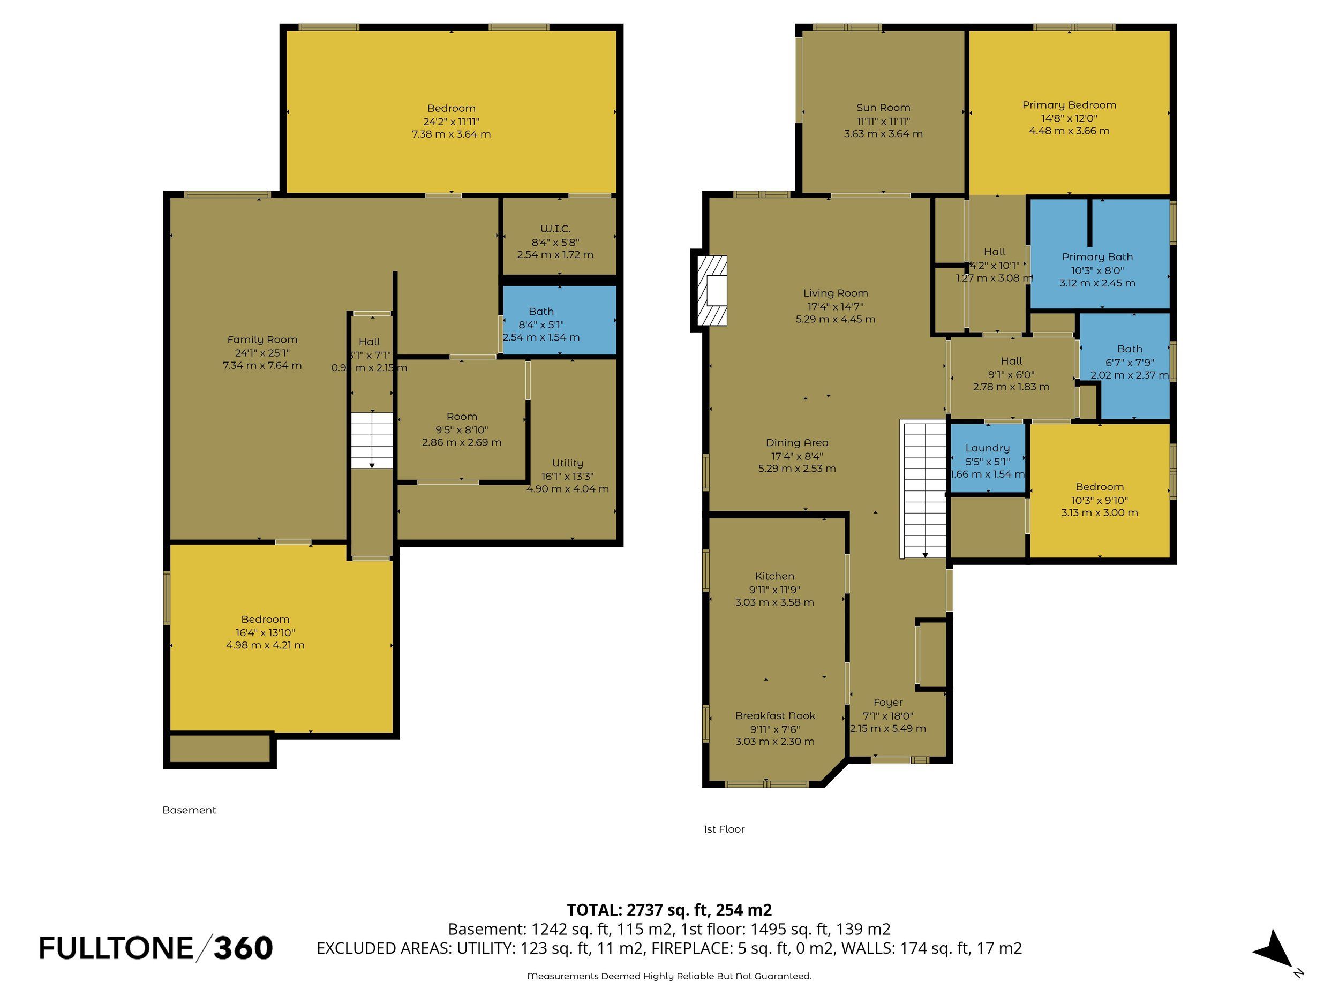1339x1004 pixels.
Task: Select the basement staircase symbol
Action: pyautogui.click(x=372, y=440)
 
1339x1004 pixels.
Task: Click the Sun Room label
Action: pyautogui.click(x=883, y=108)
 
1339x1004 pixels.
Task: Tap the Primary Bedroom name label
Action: pyautogui.click(x=1069, y=105)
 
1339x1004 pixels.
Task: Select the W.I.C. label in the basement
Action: pyautogui.click(x=555, y=229)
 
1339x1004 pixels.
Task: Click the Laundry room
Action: pyautogui.click(x=987, y=458)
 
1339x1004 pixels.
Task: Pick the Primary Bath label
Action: pyautogui.click(x=1097, y=257)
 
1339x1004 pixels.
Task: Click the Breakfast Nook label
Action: pyautogui.click(x=775, y=716)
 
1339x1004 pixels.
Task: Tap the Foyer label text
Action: pyautogui.click(x=888, y=703)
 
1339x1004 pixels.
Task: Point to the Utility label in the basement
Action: pyautogui.click(x=567, y=464)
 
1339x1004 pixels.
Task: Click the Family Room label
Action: pyautogui.click(x=262, y=340)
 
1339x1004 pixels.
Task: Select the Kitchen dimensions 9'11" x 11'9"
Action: pyautogui.click(x=774, y=590)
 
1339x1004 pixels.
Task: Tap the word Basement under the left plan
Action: pyautogui.click(x=189, y=810)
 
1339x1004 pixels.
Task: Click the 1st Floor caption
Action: pyautogui.click(x=724, y=829)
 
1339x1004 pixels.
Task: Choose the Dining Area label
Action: pyautogui.click(x=796, y=443)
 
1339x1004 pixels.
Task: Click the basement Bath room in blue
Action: pyautogui.click(x=559, y=320)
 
